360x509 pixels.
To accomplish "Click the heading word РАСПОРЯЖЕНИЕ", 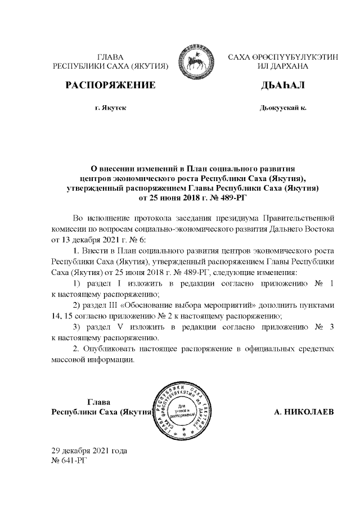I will [x=110, y=85].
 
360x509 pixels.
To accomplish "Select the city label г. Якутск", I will [x=110, y=107].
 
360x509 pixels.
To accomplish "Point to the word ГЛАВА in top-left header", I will [x=110, y=57].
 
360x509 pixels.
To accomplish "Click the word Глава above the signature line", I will [x=98, y=402].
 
